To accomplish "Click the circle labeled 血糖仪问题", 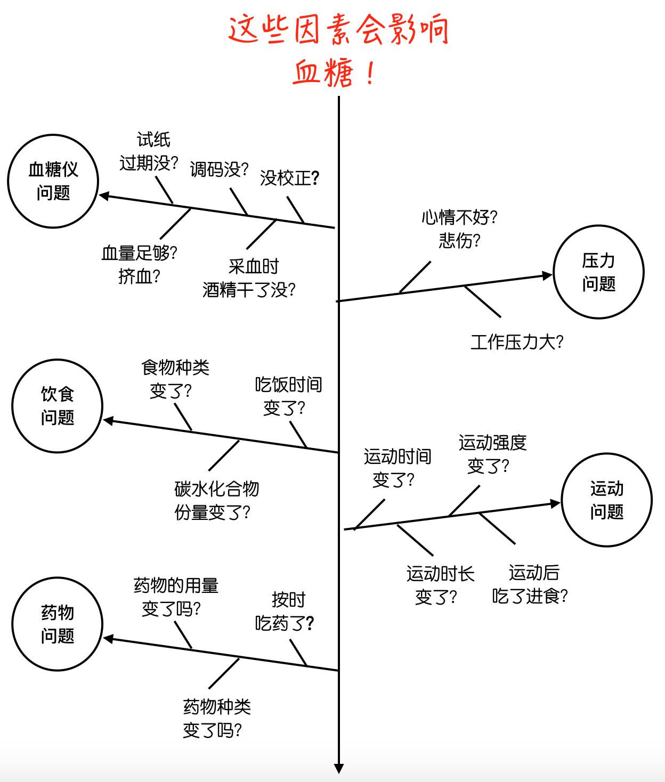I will [53, 182].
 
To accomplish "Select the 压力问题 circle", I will [598, 272].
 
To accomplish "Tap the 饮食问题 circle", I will [57, 406].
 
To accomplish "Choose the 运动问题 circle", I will [606, 500].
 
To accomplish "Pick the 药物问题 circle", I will [57, 624].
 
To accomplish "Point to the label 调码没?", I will [219, 170].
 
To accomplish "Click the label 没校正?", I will [289, 178].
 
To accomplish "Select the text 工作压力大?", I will [516, 342].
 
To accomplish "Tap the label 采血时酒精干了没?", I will [249, 279].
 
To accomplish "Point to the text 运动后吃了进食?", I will [530, 584].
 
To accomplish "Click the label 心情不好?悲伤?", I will [459, 229].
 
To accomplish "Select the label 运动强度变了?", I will [491, 454].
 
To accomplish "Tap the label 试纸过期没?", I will [149, 152].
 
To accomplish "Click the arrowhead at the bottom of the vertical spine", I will [338, 768].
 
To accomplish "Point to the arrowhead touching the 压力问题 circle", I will [547, 275].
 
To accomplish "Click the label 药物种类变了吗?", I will [216, 719].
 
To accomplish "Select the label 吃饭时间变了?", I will [288, 396].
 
